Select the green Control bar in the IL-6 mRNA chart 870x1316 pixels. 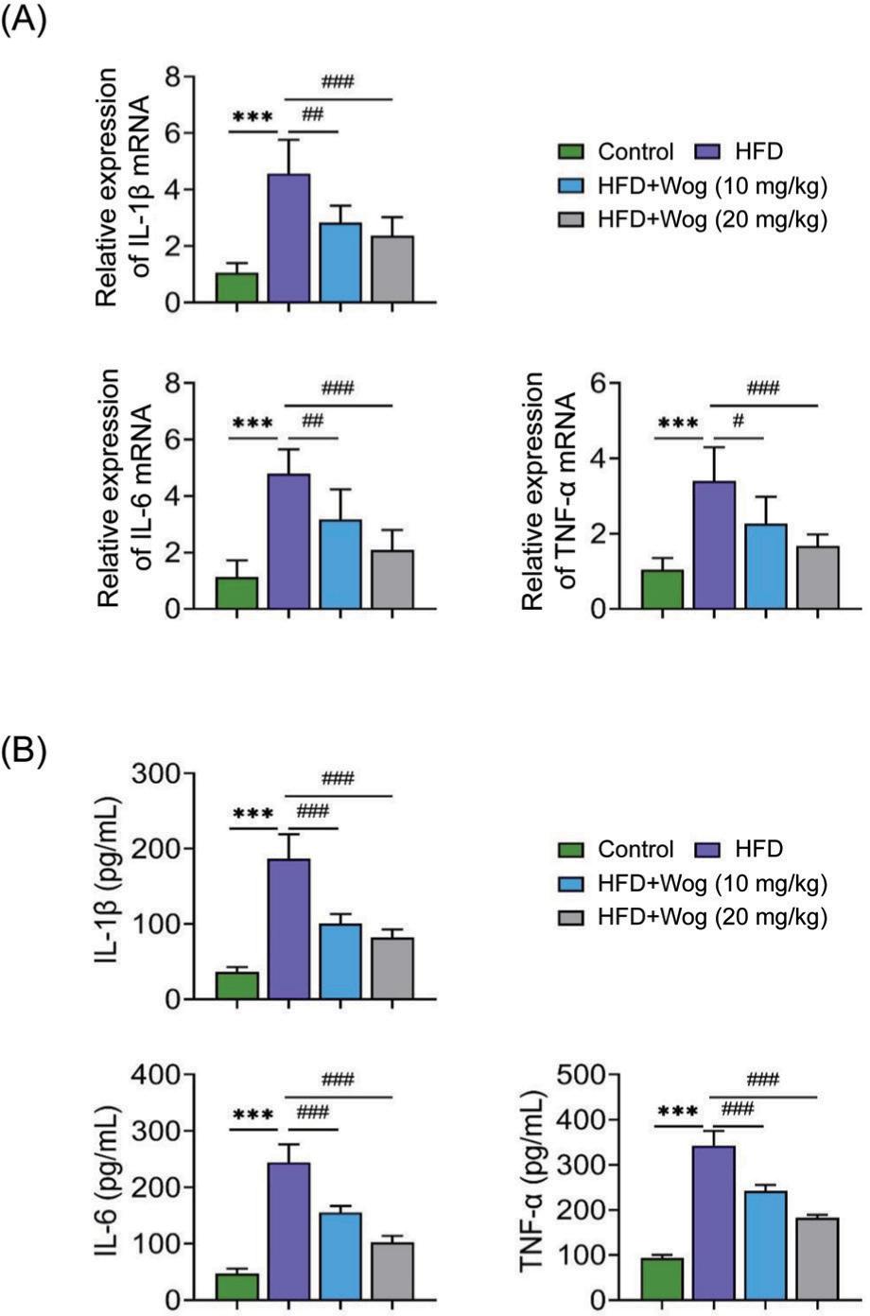point(236,593)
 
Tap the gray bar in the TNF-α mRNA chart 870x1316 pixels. point(818,578)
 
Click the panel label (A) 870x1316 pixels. point(23,21)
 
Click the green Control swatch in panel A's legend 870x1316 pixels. point(574,152)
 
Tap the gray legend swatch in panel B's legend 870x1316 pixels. point(574,917)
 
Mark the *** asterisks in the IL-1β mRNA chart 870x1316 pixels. point(252,119)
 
